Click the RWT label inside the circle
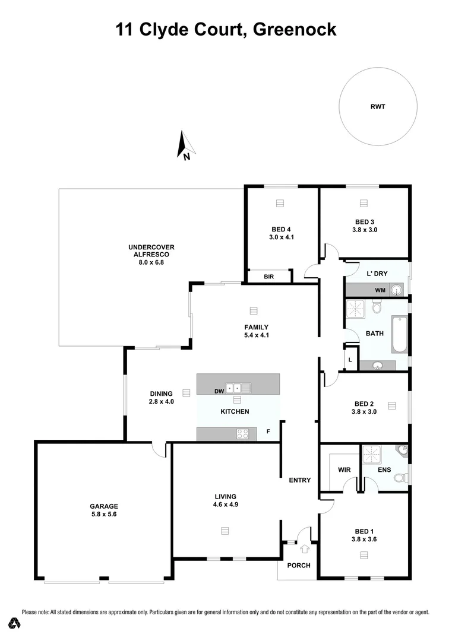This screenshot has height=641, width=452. (377, 107)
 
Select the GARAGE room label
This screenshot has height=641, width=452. (105, 506)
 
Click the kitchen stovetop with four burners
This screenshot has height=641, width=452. (242, 434)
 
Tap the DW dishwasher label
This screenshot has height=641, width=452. (219, 391)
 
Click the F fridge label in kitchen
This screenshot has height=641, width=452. (268, 431)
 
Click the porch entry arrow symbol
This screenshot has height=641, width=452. (305, 549)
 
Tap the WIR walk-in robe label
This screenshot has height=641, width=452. (344, 470)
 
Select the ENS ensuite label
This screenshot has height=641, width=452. (384, 470)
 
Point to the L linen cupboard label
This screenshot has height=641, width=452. (350, 360)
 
